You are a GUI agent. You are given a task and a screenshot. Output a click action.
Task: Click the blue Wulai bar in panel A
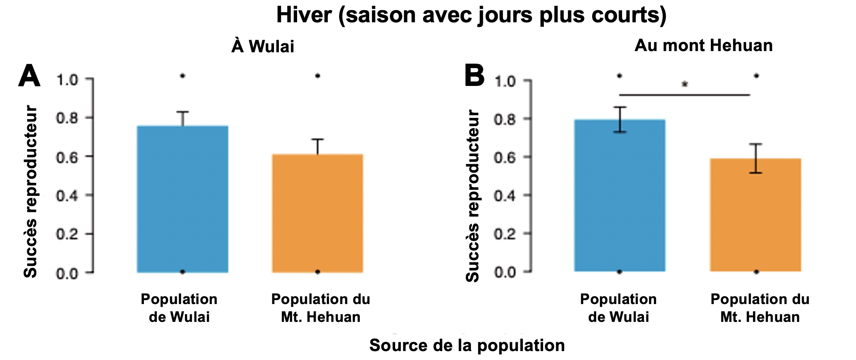182,199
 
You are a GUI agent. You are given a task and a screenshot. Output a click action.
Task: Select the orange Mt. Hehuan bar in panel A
317,213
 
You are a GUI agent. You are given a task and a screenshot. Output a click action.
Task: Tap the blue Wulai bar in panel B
620,195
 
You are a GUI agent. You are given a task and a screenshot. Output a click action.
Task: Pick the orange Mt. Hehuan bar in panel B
755,214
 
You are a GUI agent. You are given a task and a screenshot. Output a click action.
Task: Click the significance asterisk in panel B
685,84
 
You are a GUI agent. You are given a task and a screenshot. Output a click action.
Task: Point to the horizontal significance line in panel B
685,95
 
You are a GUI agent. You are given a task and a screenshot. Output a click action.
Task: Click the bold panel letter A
29,76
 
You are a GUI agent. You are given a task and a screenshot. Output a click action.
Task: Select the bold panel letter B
474,76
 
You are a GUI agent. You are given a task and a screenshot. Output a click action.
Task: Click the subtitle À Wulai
263,46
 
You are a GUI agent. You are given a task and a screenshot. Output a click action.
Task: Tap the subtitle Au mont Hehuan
704,45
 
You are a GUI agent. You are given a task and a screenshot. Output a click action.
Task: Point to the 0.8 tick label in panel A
67,118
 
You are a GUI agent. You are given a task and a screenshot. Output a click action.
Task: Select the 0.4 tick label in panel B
505,195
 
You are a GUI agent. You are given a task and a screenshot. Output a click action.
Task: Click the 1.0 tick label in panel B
505,81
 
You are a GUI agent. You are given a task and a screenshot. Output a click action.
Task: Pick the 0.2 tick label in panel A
67,234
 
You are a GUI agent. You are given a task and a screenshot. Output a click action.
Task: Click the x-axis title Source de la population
467,345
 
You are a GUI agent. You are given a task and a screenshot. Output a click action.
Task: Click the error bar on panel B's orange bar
756,158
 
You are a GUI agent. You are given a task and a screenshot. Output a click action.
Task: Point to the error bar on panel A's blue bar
183,118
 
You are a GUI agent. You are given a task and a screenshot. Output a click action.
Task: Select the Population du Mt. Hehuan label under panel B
760,308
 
